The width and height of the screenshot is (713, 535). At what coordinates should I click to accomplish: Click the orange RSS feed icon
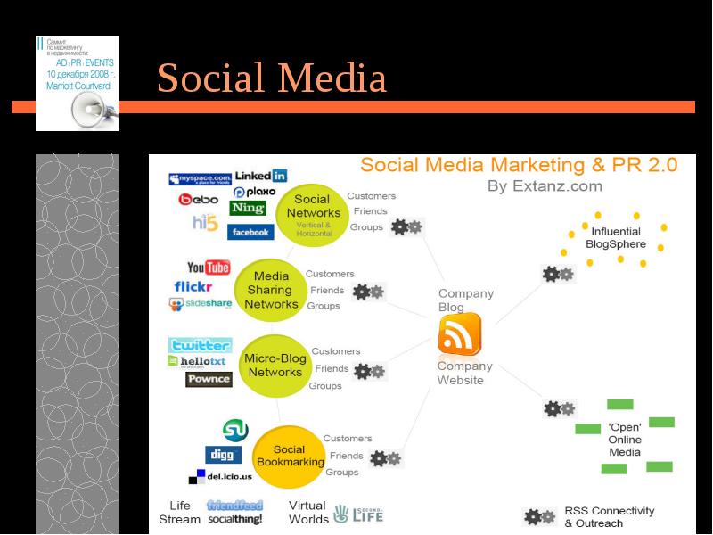click(x=460, y=335)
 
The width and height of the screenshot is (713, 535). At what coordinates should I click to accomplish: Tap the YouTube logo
click(x=209, y=267)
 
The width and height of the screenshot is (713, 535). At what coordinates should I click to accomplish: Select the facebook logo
click(x=250, y=232)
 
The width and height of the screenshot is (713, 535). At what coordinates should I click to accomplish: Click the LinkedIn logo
click(x=260, y=176)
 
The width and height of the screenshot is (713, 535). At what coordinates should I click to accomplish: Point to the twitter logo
click(x=200, y=345)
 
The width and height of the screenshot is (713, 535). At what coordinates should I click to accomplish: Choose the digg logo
click(x=223, y=454)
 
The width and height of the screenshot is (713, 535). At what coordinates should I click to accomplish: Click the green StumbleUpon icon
click(x=235, y=431)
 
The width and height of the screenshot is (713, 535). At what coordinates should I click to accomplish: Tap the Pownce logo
click(x=209, y=379)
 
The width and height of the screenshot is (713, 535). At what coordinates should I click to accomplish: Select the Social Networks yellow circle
click(x=313, y=213)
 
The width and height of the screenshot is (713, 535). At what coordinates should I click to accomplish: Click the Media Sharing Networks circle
click(x=271, y=290)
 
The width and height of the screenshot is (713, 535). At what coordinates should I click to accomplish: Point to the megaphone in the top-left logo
click(x=93, y=110)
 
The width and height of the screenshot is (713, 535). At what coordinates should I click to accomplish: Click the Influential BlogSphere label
click(x=613, y=237)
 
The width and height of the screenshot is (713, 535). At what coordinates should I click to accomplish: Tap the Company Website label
click(x=464, y=373)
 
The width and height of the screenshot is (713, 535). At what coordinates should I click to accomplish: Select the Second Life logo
click(x=358, y=514)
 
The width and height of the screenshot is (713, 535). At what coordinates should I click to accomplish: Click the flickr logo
click(x=193, y=286)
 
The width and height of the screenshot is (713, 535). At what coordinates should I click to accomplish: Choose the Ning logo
click(x=248, y=208)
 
